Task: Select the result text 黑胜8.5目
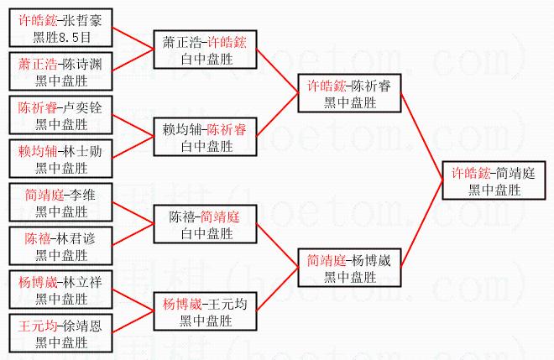pos(60,38)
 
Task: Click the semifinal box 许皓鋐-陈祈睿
pos(349,94)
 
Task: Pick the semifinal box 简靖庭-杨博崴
pos(349,269)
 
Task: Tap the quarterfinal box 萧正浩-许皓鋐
pos(206,49)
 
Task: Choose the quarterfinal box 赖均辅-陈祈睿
pos(206,138)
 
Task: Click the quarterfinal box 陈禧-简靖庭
pos(206,225)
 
